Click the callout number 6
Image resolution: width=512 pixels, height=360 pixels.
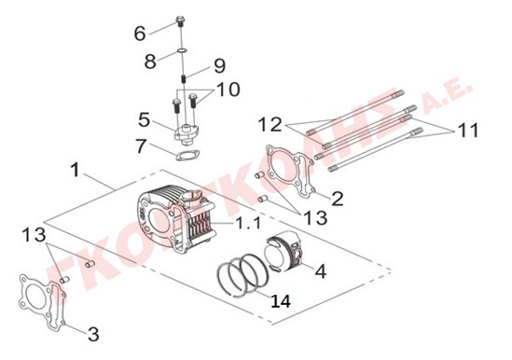(140, 34)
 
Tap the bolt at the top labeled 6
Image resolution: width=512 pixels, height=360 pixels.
(180, 21)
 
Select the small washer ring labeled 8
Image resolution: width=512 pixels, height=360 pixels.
(182, 50)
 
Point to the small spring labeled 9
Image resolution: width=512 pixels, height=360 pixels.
(184, 79)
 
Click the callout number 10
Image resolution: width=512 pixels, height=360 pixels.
(228, 90)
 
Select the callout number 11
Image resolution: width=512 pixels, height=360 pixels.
(467, 130)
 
